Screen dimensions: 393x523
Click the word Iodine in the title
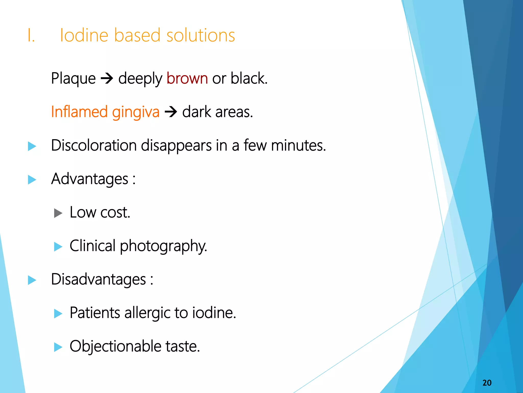(85, 35)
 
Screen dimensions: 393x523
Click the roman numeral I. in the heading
(31, 35)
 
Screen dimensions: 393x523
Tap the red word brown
(187, 78)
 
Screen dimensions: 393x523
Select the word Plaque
(73, 78)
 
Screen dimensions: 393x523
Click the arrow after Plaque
(107, 79)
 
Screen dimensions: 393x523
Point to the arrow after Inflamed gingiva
(171, 112)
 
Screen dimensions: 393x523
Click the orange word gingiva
(136, 112)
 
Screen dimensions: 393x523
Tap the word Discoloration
(94, 145)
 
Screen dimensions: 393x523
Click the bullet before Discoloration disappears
(32, 146)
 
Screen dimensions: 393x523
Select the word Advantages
(89, 179)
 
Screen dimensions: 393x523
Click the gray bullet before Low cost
(58, 213)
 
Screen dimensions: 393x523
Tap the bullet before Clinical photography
(58, 247)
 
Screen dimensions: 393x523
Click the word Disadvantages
(98, 279)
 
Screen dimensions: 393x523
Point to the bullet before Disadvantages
(32, 280)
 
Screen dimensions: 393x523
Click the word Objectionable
(115, 346)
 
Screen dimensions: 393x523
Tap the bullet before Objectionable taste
(58, 347)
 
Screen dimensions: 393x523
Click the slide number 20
(487, 383)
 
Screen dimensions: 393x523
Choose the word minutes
(298, 145)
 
